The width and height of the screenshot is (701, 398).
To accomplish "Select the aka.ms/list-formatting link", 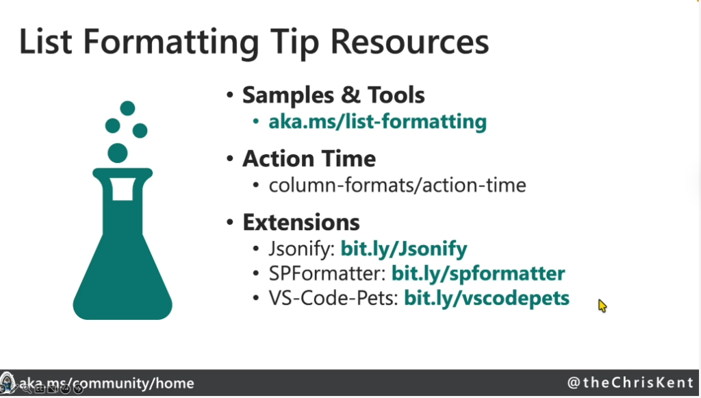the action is click(377, 122).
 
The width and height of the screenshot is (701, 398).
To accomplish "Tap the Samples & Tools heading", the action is click(333, 95).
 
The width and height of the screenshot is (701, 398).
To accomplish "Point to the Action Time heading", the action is click(309, 159).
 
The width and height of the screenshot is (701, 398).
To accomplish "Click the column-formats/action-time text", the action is click(397, 185).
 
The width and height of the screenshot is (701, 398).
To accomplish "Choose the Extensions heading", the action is click(301, 222).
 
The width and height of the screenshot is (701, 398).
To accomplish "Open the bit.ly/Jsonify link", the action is click(404, 249).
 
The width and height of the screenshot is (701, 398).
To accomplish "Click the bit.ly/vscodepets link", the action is click(487, 298).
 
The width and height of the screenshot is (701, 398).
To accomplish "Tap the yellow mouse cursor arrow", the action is click(602, 306).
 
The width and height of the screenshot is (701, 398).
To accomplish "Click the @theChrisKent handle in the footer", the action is click(630, 383).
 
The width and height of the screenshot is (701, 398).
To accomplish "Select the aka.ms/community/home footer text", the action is click(106, 383).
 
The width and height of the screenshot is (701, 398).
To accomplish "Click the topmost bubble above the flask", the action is click(127, 108).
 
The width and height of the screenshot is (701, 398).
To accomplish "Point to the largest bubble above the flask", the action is click(118, 153).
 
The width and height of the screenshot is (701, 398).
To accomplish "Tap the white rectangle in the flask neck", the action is click(123, 189).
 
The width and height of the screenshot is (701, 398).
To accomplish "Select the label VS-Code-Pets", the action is click(333, 298).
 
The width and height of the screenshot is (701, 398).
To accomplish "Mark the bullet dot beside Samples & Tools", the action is click(230, 95).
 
